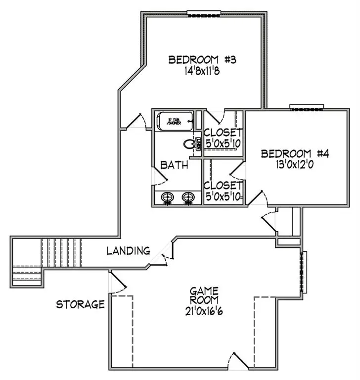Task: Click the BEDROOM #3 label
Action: (203, 60)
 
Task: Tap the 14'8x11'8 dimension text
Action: (203, 70)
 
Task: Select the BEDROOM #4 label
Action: (295, 153)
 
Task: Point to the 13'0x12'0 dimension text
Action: (295, 164)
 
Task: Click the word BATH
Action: (174, 165)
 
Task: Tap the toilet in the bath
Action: (189, 144)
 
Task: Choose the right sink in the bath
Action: (188, 197)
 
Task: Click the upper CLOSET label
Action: (223, 132)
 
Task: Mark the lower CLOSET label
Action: (223, 186)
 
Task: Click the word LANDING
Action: (129, 251)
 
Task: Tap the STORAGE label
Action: (80, 304)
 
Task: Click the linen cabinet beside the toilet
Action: (198, 144)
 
